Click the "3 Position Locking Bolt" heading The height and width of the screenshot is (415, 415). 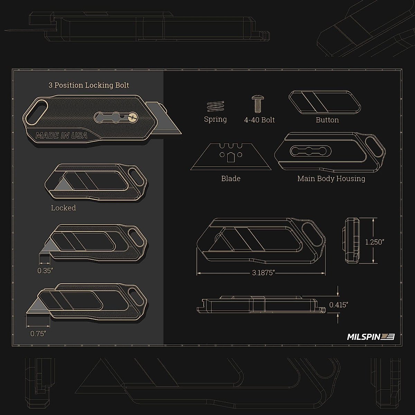pyautogui.click(x=89, y=85)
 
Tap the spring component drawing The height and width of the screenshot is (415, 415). pyautogui.click(x=215, y=106)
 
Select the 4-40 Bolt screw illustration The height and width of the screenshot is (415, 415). pyautogui.click(x=257, y=104)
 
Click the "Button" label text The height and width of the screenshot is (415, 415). pyautogui.click(x=327, y=120)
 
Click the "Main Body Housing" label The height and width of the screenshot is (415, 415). pyautogui.click(x=331, y=178)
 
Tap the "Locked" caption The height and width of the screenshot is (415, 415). pyautogui.click(x=63, y=208)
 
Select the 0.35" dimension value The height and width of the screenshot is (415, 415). pyautogui.click(x=45, y=270)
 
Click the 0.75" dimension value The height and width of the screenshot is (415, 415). pyautogui.click(x=38, y=334)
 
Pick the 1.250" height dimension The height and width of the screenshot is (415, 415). pyautogui.click(x=375, y=242)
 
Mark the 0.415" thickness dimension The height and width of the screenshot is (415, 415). pyautogui.click(x=339, y=305)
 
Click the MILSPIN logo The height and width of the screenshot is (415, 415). pyautogui.click(x=370, y=336)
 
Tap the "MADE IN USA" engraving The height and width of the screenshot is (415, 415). pyautogui.click(x=62, y=136)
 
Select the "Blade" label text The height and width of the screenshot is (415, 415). pyautogui.click(x=231, y=178)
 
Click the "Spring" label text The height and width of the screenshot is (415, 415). pyautogui.click(x=215, y=119)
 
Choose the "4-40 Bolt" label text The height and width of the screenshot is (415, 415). pyautogui.click(x=259, y=120)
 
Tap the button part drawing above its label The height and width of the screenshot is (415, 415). pyautogui.click(x=325, y=102)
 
